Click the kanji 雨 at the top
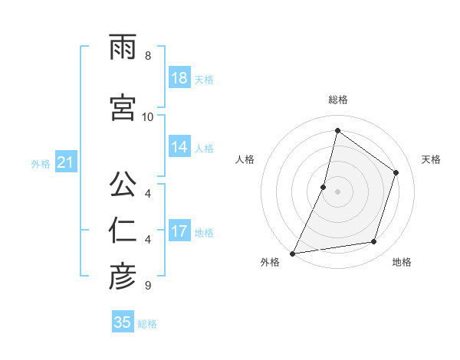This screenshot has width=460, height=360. pos(123,47)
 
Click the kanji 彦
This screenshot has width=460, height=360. pos(123,277)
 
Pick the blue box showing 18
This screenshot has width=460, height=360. pos(179,79)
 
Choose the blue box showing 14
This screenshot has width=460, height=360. pos(179,148)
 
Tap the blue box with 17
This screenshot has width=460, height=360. pos(179,231)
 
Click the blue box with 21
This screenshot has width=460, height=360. pos(65,163)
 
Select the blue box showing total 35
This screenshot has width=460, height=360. pos(123,322)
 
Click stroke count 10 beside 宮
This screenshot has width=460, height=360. pos(148,116)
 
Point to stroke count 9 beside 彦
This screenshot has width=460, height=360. pos(148,286)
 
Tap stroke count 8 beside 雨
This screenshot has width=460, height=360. pos(148,56)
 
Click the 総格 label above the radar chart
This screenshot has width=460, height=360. pos(337,100)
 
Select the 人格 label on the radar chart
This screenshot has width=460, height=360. pos(245,159)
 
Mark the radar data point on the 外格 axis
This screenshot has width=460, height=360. pos(292,253)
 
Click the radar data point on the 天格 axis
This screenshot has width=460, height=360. pos(396,172)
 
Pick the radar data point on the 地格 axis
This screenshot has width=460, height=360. pos(374,242)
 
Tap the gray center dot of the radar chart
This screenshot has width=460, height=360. pos(337,191)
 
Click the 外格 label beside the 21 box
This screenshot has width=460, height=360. pos(41,164)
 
